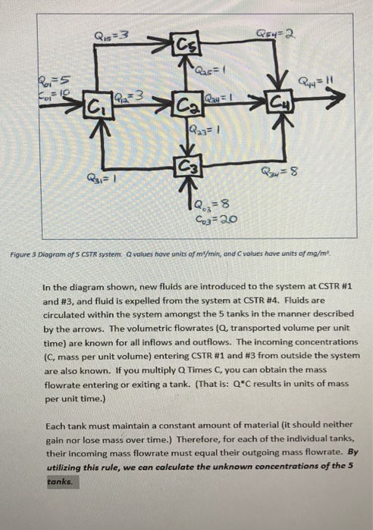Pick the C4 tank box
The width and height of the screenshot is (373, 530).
point(277,101)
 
